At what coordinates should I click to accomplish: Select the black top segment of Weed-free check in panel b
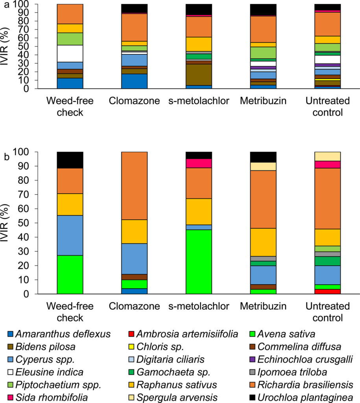[x=70, y=160]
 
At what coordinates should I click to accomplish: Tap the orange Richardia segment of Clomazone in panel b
[x=135, y=185]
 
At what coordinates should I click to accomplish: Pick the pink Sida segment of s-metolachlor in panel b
[x=199, y=163]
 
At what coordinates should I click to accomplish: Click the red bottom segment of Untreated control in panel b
[x=327, y=292]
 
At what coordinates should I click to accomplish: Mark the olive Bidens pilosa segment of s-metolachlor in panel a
[x=199, y=75]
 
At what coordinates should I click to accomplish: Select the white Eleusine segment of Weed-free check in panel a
[x=70, y=53]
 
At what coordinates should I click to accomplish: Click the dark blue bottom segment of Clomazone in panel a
[x=135, y=81]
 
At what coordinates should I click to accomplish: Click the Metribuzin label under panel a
[x=263, y=101]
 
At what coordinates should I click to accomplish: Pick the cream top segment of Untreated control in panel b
[x=327, y=156]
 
